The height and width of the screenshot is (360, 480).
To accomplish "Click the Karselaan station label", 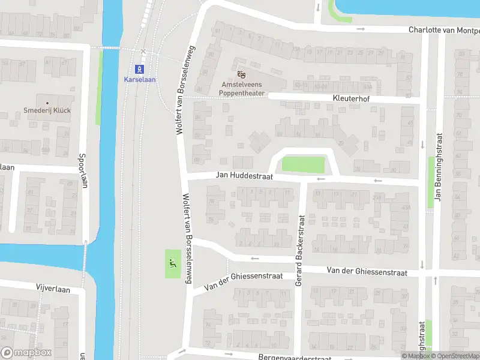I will click(x=139, y=79).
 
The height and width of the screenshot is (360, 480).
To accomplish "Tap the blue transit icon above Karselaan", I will click(x=139, y=68).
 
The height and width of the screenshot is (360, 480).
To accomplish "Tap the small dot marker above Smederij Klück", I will click(x=47, y=103).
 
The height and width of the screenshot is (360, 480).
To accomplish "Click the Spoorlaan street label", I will click(x=83, y=170).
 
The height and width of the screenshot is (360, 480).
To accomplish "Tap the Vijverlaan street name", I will click(x=53, y=289).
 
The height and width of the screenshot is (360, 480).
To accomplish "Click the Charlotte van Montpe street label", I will click(x=444, y=29).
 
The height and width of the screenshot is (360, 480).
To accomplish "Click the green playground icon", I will click(x=173, y=262).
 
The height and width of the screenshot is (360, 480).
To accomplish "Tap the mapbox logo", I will click(x=25, y=353).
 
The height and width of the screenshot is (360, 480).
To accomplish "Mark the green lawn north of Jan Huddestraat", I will click(x=303, y=164).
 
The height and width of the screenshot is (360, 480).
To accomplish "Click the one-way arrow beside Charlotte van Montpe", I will click(x=360, y=29).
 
